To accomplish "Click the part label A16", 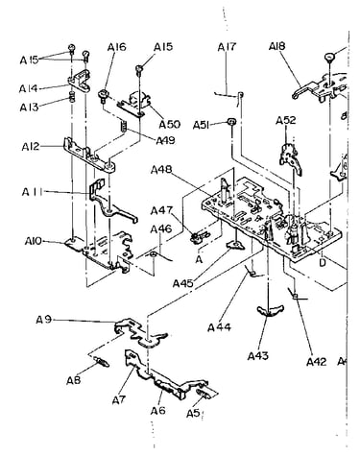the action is pos(116,47).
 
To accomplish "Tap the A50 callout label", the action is pos(170,124).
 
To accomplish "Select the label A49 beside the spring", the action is pos(165,140).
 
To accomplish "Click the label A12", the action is pos(31,147).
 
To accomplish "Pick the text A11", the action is pos(32,192).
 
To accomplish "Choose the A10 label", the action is pos(34,241).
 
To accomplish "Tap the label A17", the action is pos(227,47).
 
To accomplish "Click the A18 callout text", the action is pos(276,47).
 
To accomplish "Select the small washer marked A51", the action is pos(231,122).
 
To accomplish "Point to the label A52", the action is pos(286,121).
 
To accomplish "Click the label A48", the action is pos(161,170).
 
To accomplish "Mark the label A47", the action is pos(161,211).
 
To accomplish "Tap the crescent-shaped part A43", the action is pos(271,310).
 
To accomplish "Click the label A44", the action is pos(219,327).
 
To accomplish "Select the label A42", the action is pos(317,362).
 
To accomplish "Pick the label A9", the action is pos(44,320).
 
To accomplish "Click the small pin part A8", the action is pos(102,363).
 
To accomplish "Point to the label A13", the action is pos(29,108).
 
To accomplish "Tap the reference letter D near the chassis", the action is pos(323,262).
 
